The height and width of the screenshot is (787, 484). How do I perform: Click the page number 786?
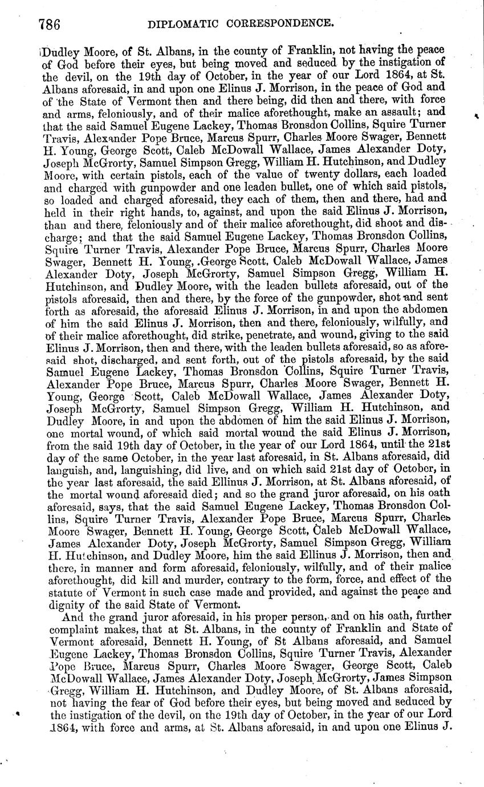(50, 24)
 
